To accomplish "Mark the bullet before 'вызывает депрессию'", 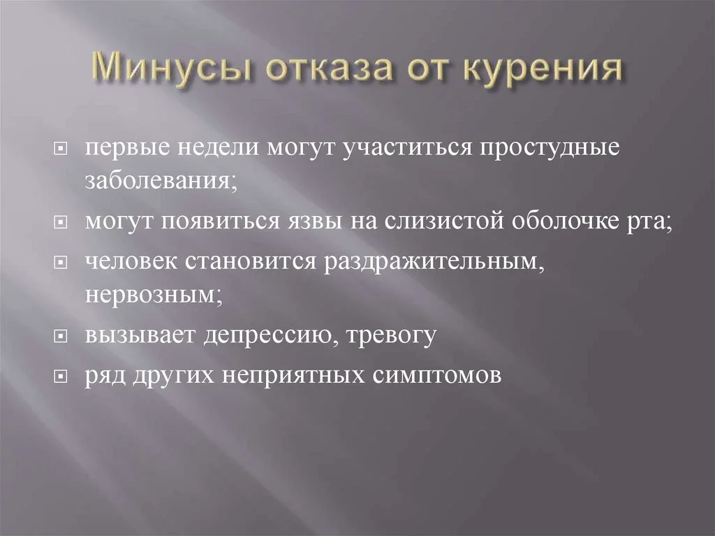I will (x=61, y=336).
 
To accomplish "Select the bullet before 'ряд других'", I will (x=61, y=375).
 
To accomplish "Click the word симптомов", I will (x=434, y=375).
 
